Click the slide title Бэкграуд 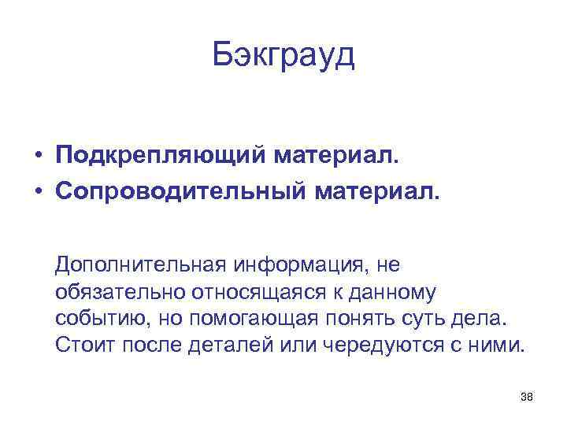point(283,57)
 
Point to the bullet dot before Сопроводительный point(38,191)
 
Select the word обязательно point(119,292)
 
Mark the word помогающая point(253,320)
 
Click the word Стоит point(82,346)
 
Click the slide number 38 point(527,397)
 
